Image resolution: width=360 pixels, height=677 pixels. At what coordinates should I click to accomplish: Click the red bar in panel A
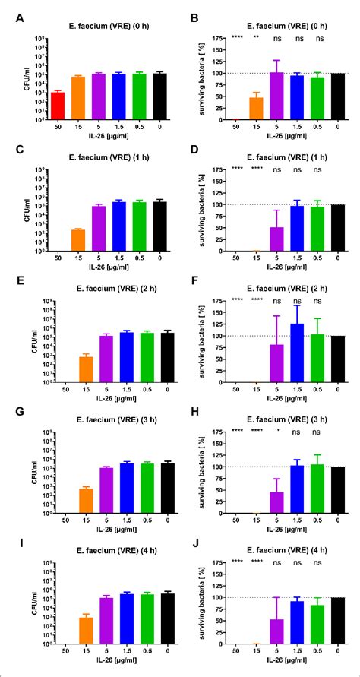point(57,106)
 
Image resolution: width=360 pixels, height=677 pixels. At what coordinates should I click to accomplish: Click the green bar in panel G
point(139,488)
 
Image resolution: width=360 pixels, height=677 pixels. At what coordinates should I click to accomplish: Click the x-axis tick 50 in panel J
point(235,652)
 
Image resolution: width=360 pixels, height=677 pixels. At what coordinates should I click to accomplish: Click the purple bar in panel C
point(98,228)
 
